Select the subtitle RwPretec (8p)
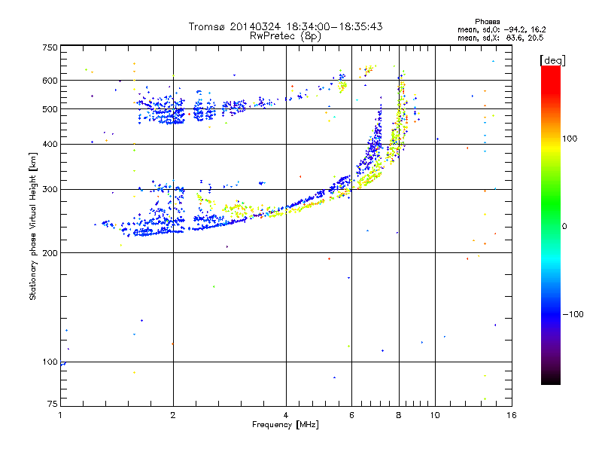(x=285, y=35)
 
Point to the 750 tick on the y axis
(x=49, y=47)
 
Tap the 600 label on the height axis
(x=49, y=80)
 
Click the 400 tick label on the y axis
(x=49, y=144)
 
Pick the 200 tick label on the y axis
(x=49, y=252)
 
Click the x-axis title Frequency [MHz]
(x=284, y=426)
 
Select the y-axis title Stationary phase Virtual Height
(x=33, y=227)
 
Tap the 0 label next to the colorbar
(x=565, y=226)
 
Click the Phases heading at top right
(x=488, y=20)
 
